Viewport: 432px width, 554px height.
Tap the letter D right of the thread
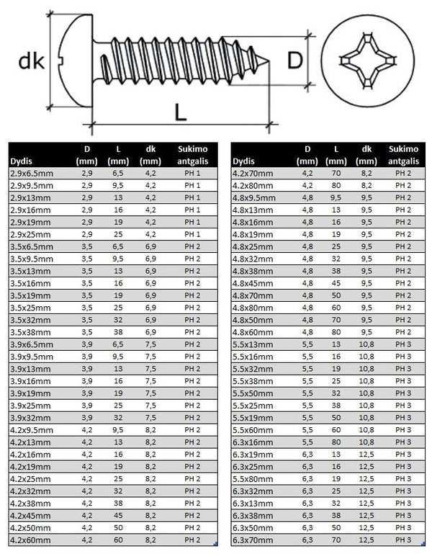(x=294, y=60)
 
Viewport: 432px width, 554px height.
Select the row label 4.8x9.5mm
(x=255, y=197)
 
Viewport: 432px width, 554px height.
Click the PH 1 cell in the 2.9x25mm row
(x=192, y=234)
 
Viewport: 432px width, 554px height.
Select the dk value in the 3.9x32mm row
(x=150, y=417)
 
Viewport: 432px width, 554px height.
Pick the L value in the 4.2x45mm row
(x=118, y=514)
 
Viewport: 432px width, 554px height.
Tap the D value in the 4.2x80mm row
(x=307, y=185)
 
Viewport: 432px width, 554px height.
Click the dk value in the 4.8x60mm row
(x=366, y=331)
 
